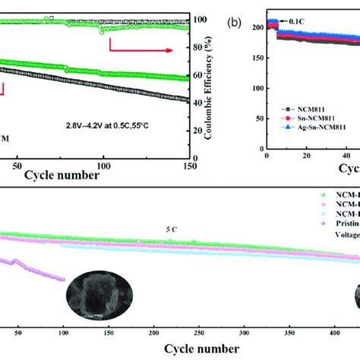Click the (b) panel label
[x=235, y=22]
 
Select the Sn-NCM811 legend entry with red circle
[x=314, y=119]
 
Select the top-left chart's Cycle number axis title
[x=62, y=175]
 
